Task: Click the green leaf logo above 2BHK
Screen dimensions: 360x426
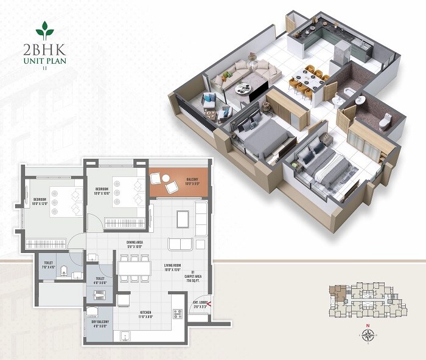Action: click(x=44, y=29)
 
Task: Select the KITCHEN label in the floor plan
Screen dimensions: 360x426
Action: click(x=144, y=313)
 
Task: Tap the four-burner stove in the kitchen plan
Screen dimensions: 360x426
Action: click(x=179, y=314)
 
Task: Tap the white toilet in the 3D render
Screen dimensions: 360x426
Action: click(x=385, y=122)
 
